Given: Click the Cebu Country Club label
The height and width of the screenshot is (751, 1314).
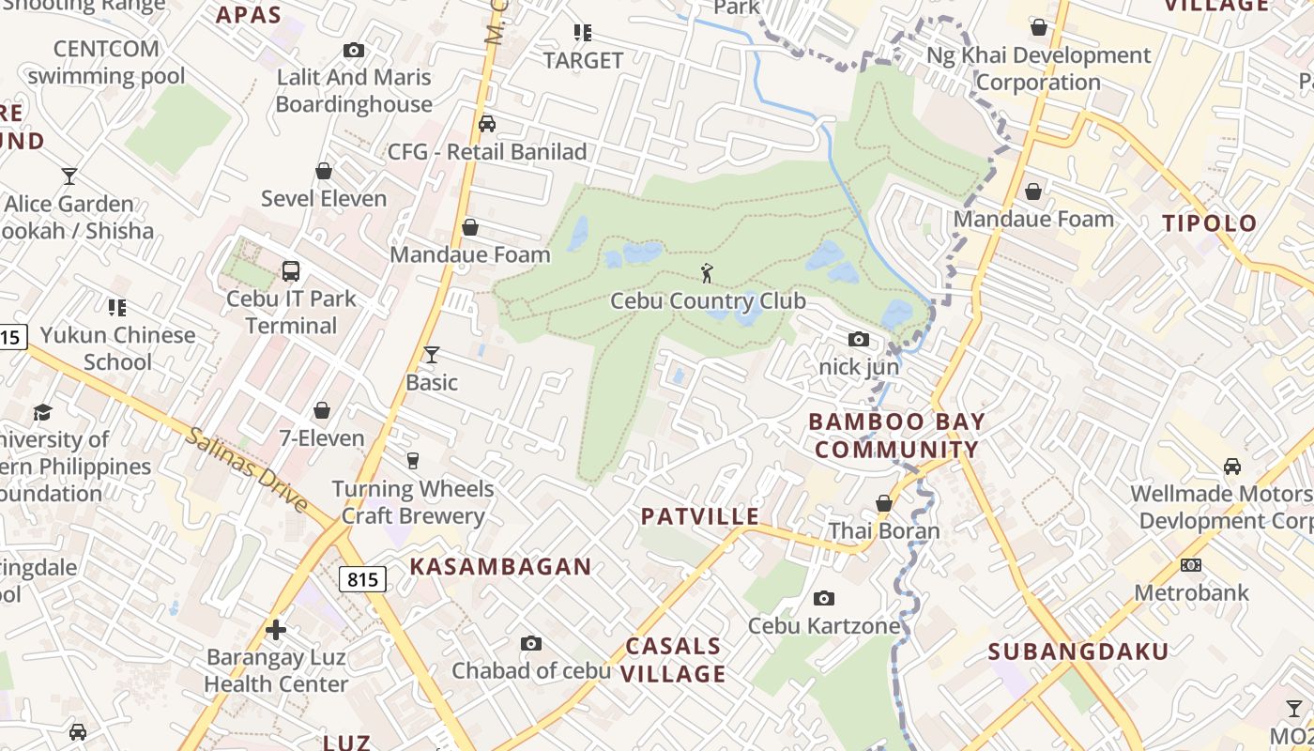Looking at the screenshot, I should click(x=708, y=301).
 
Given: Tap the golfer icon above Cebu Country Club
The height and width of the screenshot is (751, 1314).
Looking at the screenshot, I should click(x=707, y=273).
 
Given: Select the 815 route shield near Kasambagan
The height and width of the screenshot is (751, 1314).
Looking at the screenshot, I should click(x=362, y=579).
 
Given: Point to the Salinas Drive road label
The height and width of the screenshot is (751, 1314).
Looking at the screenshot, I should click(x=246, y=469).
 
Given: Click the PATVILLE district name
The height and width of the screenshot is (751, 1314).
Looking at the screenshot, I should click(x=700, y=516).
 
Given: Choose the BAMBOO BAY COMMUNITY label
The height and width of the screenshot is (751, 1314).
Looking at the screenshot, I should click(x=896, y=436).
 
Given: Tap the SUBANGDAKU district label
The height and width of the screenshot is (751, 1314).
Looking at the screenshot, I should click(x=1078, y=651).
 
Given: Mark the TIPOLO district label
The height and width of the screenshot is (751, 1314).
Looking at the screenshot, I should click(x=1210, y=223).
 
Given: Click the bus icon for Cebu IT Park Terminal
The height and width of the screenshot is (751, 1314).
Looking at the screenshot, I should click(x=291, y=271).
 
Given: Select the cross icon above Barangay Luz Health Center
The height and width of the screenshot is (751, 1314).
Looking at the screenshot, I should click(x=276, y=629).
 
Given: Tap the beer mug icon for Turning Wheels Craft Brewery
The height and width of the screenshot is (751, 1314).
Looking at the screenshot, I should click(x=412, y=460).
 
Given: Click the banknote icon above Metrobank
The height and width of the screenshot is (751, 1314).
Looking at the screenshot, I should click(x=1191, y=565).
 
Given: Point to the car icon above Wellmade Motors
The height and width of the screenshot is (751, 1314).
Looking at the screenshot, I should click(x=1232, y=466).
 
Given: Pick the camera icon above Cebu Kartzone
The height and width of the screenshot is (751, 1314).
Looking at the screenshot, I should click(x=824, y=598).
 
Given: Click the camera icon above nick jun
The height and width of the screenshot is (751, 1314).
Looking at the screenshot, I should click(x=859, y=339).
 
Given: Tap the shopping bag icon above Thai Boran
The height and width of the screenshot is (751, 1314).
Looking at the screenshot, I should click(x=883, y=503).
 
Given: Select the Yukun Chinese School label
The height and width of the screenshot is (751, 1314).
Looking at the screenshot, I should click(x=117, y=348).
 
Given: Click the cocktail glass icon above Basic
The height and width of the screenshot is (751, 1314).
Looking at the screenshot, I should click(x=432, y=354).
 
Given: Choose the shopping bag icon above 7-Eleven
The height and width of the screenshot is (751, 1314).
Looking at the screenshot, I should click(x=322, y=410).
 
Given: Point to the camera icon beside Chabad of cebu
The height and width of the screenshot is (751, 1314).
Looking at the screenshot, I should click(x=531, y=643).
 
